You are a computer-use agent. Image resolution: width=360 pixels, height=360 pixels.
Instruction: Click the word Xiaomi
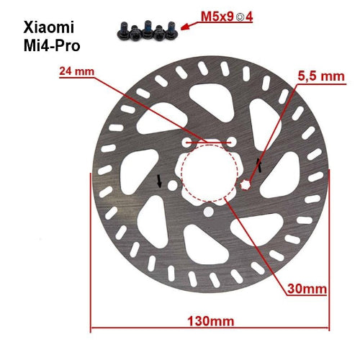point(53,29)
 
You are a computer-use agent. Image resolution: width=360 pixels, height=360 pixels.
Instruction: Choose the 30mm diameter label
point(307,289)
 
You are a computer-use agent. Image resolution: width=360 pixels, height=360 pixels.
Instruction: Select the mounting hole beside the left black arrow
point(171,184)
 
